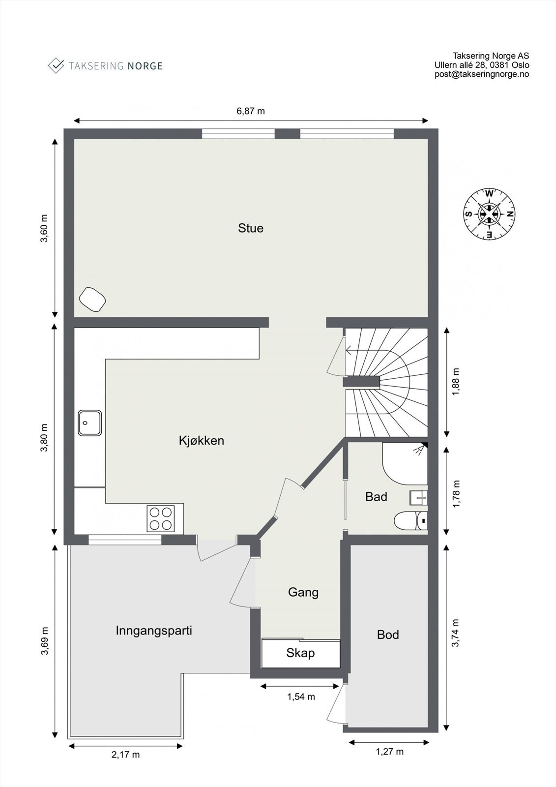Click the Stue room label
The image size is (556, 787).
(x=251, y=228)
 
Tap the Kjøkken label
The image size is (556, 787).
(x=202, y=440)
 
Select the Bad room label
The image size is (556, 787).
(x=376, y=497)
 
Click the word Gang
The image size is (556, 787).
(x=303, y=592)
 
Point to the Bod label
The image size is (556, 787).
(x=388, y=635)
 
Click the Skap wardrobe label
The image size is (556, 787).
(x=300, y=653)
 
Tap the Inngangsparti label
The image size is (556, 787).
(x=154, y=630)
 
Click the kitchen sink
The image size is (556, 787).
(x=89, y=423)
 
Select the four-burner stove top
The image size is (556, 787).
(x=161, y=518)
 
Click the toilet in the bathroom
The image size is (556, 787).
(x=410, y=520)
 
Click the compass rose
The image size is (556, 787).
(x=489, y=214)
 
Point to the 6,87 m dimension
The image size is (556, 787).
(x=251, y=111)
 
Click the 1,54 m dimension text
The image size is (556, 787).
(x=301, y=696)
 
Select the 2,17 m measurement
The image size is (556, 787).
(x=125, y=755)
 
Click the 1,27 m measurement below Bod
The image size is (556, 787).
(x=389, y=752)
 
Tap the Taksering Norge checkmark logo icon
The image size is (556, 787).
(x=56, y=65)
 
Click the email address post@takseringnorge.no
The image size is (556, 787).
(x=482, y=74)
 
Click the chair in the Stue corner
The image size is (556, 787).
(x=92, y=299)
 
